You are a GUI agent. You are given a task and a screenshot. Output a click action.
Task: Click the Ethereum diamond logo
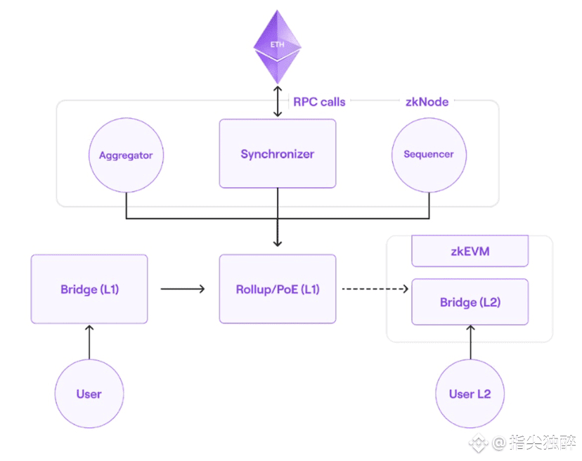(278, 49)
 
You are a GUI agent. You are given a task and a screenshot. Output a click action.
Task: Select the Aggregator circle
(126, 155)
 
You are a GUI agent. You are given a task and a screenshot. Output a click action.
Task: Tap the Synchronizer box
(277, 154)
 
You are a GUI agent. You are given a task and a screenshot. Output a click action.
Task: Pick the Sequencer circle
(428, 155)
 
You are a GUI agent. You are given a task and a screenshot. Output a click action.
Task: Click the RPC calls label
(319, 102)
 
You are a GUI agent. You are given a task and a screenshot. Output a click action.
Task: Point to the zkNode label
(427, 102)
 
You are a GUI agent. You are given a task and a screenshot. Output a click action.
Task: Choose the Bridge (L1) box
(89, 289)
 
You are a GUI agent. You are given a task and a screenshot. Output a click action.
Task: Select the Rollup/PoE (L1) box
(277, 289)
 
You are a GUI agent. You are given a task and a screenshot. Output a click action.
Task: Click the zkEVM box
(469, 251)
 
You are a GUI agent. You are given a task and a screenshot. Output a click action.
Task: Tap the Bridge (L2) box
(469, 302)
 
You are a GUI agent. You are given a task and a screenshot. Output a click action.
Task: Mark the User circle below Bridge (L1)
(89, 394)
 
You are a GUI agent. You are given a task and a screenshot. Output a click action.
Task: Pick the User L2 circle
(470, 394)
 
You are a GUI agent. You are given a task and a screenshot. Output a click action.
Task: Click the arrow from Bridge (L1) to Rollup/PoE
(183, 289)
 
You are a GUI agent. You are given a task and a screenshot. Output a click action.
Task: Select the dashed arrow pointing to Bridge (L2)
(375, 289)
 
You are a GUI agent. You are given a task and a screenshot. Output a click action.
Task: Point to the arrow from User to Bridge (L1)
(89, 342)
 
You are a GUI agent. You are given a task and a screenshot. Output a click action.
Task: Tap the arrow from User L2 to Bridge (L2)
(470, 342)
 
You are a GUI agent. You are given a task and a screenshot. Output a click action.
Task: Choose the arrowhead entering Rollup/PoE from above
(278, 242)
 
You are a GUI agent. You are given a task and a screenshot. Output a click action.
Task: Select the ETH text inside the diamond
(278, 44)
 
